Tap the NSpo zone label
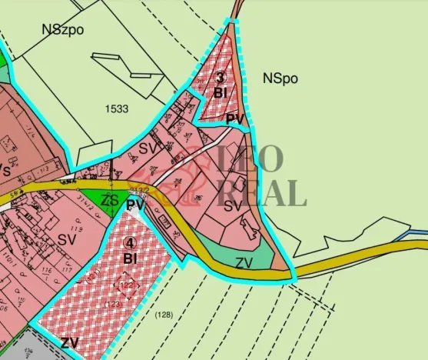[280, 78]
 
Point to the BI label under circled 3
[220, 92]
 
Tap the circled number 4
[129, 243]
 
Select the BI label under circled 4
[130, 258]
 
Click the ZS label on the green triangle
[111, 201]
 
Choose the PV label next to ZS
[135, 205]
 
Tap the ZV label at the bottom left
[71, 342]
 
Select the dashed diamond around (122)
[125, 285]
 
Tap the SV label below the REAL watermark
[233, 205]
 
